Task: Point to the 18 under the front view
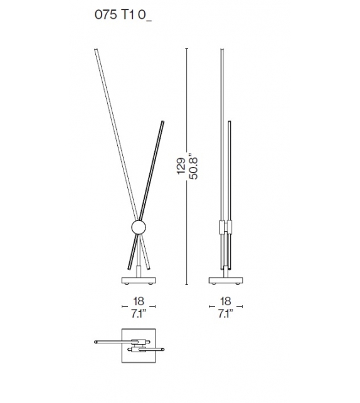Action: click(x=139, y=301)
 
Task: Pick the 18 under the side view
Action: click(x=226, y=301)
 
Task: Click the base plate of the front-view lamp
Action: click(x=139, y=279)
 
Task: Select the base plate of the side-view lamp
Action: click(x=225, y=279)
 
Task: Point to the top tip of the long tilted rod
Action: click(x=96, y=48)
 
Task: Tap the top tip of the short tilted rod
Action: click(x=164, y=121)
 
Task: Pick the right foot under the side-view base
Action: click(x=234, y=285)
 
